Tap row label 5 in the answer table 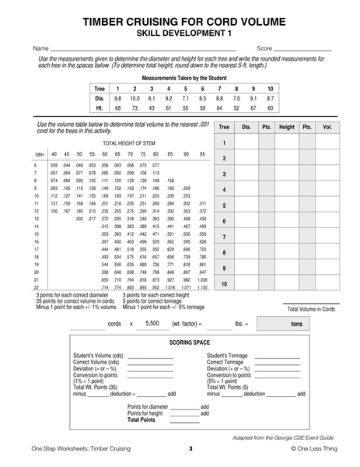[224, 206]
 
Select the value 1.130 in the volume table [203, 287]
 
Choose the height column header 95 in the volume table [203, 155]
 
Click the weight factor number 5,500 [152, 322]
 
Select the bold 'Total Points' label [142, 420]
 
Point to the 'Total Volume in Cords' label [311, 309]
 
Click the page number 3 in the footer [190, 449]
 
